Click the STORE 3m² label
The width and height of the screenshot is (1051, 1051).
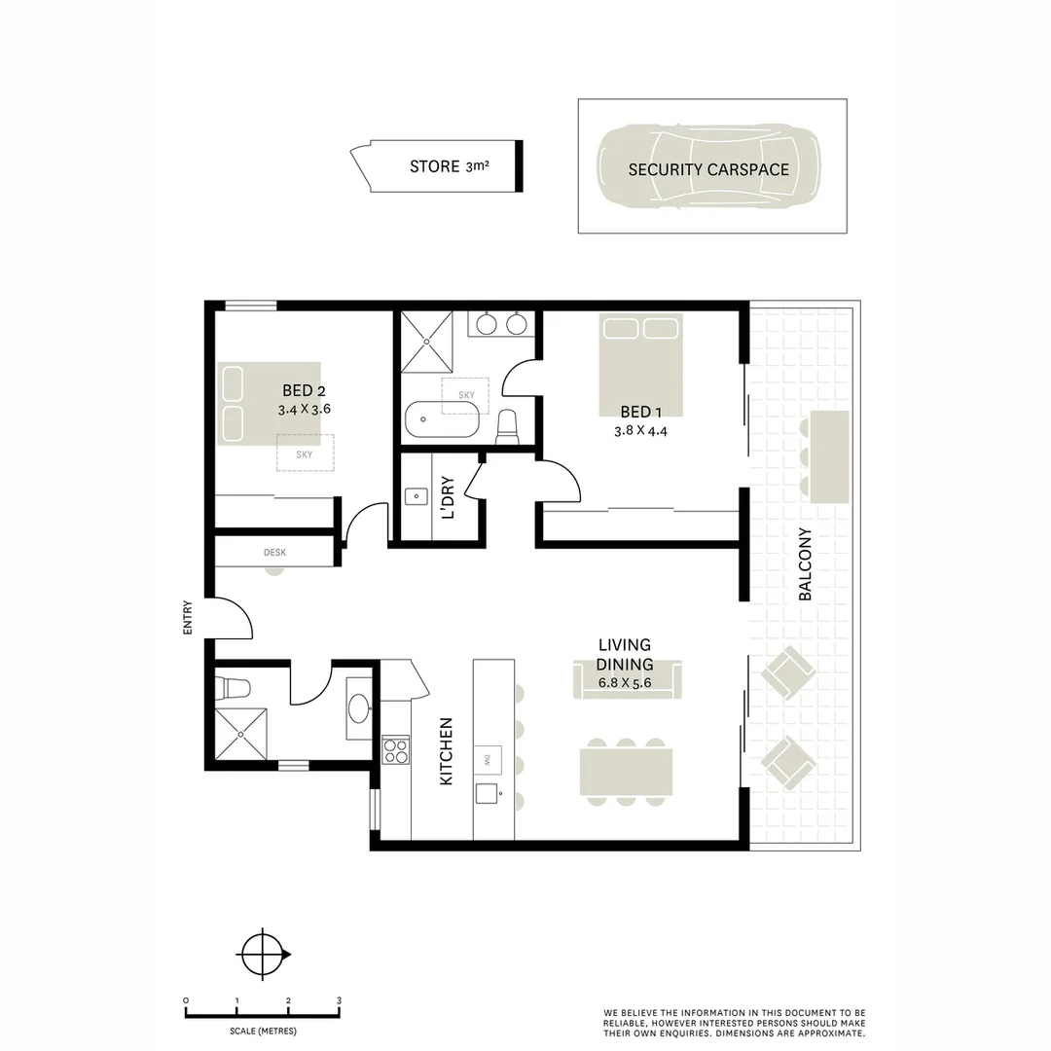[449, 166]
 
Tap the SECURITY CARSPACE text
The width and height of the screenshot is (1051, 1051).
[707, 169]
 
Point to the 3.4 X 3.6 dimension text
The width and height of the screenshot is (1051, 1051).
[304, 410]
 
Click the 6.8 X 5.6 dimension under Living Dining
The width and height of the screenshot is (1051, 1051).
[625, 683]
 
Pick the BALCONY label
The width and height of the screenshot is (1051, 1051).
[805, 564]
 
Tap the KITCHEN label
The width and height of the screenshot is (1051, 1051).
[447, 752]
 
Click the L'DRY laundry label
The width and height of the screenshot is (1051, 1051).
[447, 497]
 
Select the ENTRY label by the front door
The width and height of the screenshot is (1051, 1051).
[188, 618]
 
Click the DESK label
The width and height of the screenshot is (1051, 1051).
[274, 553]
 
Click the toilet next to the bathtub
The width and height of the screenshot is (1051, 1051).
[507, 426]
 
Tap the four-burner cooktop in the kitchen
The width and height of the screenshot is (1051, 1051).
[396, 750]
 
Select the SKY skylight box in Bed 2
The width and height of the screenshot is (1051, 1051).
[305, 453]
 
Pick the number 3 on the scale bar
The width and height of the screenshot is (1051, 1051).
[339, 1000]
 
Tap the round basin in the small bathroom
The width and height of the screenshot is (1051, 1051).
[358, 707]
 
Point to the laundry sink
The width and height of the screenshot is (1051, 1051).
[416, 497]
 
